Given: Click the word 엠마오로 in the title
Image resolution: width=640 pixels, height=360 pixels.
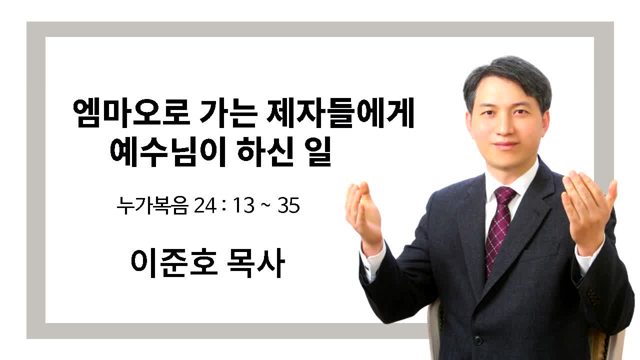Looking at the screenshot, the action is (131, 113).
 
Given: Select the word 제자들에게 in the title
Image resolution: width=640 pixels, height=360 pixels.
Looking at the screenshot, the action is (340, 113).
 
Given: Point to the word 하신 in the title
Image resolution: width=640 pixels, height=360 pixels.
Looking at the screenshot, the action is (265, 151).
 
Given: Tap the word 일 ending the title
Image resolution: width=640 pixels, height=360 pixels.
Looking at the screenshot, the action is (317, 151).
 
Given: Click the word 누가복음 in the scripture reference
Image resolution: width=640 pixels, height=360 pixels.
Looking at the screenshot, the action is (152, 205).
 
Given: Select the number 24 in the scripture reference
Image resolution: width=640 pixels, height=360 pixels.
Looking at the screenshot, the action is (204, 205).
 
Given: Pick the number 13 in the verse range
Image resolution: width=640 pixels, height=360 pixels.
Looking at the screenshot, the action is (243, 205).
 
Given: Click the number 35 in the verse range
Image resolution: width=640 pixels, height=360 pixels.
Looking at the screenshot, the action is (288, 205).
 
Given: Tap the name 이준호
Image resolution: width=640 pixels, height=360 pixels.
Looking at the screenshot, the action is (174, 263).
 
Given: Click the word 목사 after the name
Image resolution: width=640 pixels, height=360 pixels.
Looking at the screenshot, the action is (256, 263).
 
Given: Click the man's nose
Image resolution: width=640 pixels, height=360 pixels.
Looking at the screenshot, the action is (505, 125).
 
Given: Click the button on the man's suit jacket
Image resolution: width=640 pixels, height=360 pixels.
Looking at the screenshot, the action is (477, 340).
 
